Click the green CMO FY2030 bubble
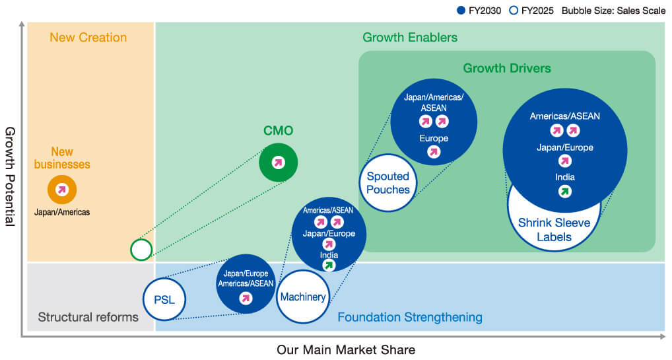click(278, 162)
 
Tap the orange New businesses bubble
click(62, 189)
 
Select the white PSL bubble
click(164, 299)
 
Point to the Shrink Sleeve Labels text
click(554, 230)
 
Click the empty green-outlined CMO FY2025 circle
click(141, 250)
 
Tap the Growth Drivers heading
click(507, 68)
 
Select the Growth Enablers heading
click(410, 38)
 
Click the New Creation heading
click(88, 38)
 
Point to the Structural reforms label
click(88, 317)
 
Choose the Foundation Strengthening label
click(410, 317)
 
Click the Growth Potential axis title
click(10, 176)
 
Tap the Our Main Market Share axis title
click(346, 349)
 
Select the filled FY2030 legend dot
click(461, 11)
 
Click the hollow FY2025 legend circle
click(514, 11)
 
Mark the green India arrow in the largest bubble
click(565, 192)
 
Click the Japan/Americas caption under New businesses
click(62, 212)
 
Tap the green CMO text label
click(278, 130)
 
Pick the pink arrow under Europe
click(434, 151)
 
